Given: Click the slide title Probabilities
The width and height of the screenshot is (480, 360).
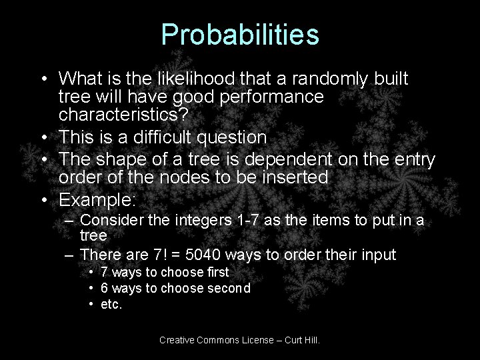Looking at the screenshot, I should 240,36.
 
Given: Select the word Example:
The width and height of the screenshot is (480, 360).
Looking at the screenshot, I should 97,200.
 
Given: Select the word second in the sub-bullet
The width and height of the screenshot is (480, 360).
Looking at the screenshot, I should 228,288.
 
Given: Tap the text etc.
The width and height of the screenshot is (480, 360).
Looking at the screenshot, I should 112,305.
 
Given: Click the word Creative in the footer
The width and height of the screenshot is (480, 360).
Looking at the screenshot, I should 177,340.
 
